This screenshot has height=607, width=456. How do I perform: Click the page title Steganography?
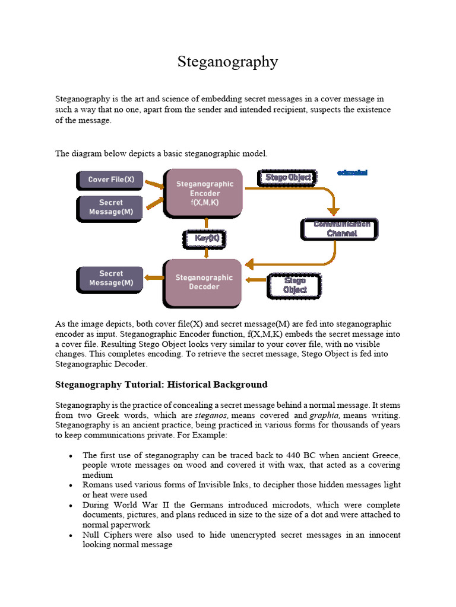click(x=228, y=62)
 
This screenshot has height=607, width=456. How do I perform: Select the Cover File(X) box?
click(x=111, y=180)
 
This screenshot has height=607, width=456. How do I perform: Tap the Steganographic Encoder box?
click(x=205, y=193)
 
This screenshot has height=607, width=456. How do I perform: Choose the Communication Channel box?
click(x=337, y=229)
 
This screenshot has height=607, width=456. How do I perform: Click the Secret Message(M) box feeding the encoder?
click(x=111, y=207)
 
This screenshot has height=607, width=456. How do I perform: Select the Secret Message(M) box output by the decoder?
click(x=111, y=279)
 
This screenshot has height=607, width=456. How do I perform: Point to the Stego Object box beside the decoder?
click(x=294, y=285)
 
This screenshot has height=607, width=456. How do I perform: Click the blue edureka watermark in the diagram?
click(x=352, y=173)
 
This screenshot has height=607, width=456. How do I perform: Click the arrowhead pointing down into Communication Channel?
click(x=334, y=210)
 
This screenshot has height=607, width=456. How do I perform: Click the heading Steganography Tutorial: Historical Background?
click(x=161, y=384)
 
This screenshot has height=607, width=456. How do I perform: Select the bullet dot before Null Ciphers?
click(x=71, y=535)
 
